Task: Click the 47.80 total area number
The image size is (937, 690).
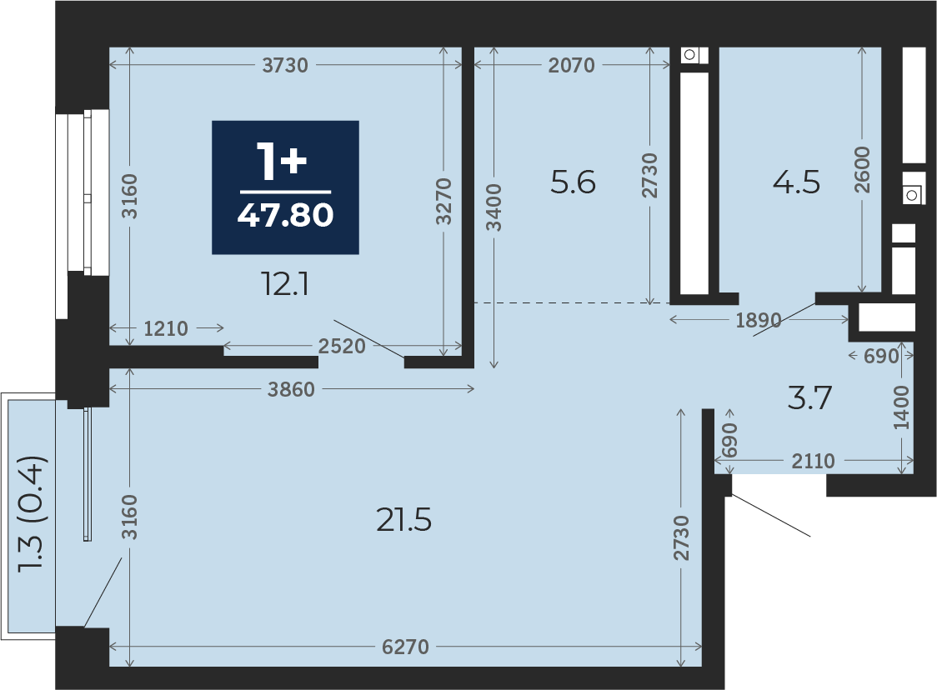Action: (x=285, y=215)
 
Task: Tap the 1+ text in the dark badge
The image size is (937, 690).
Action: (x=282, y=162)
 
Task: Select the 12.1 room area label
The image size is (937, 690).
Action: (x=285, y=284)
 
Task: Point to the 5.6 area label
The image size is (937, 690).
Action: (x=573, y=182)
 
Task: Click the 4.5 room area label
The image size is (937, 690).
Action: (x=796, y=182)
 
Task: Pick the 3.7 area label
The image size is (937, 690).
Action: (x=809, y=397)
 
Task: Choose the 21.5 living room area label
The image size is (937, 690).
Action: (x=404, y=520)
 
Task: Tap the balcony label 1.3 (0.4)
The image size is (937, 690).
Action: (x=32, y=515)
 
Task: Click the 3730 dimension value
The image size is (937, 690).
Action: (x=285, y=65)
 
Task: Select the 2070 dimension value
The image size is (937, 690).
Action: (x=571, y=65)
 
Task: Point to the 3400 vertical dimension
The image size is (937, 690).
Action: (x=494, y=207)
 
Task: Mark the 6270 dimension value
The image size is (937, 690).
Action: (x=405, y=647)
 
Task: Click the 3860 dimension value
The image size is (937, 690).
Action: (x=291, y=389)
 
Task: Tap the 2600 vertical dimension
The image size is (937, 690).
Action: (x=862, y=170)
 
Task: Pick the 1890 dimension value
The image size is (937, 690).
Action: (x=759, y=321)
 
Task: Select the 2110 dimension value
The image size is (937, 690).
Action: (x=813, y=461)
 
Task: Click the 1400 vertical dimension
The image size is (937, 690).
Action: (x=901, y=407)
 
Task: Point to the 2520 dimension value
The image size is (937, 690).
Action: (x=342, y=347)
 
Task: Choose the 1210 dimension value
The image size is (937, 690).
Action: (x=166, y=328)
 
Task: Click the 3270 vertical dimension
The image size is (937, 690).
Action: (x=443, y=202)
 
